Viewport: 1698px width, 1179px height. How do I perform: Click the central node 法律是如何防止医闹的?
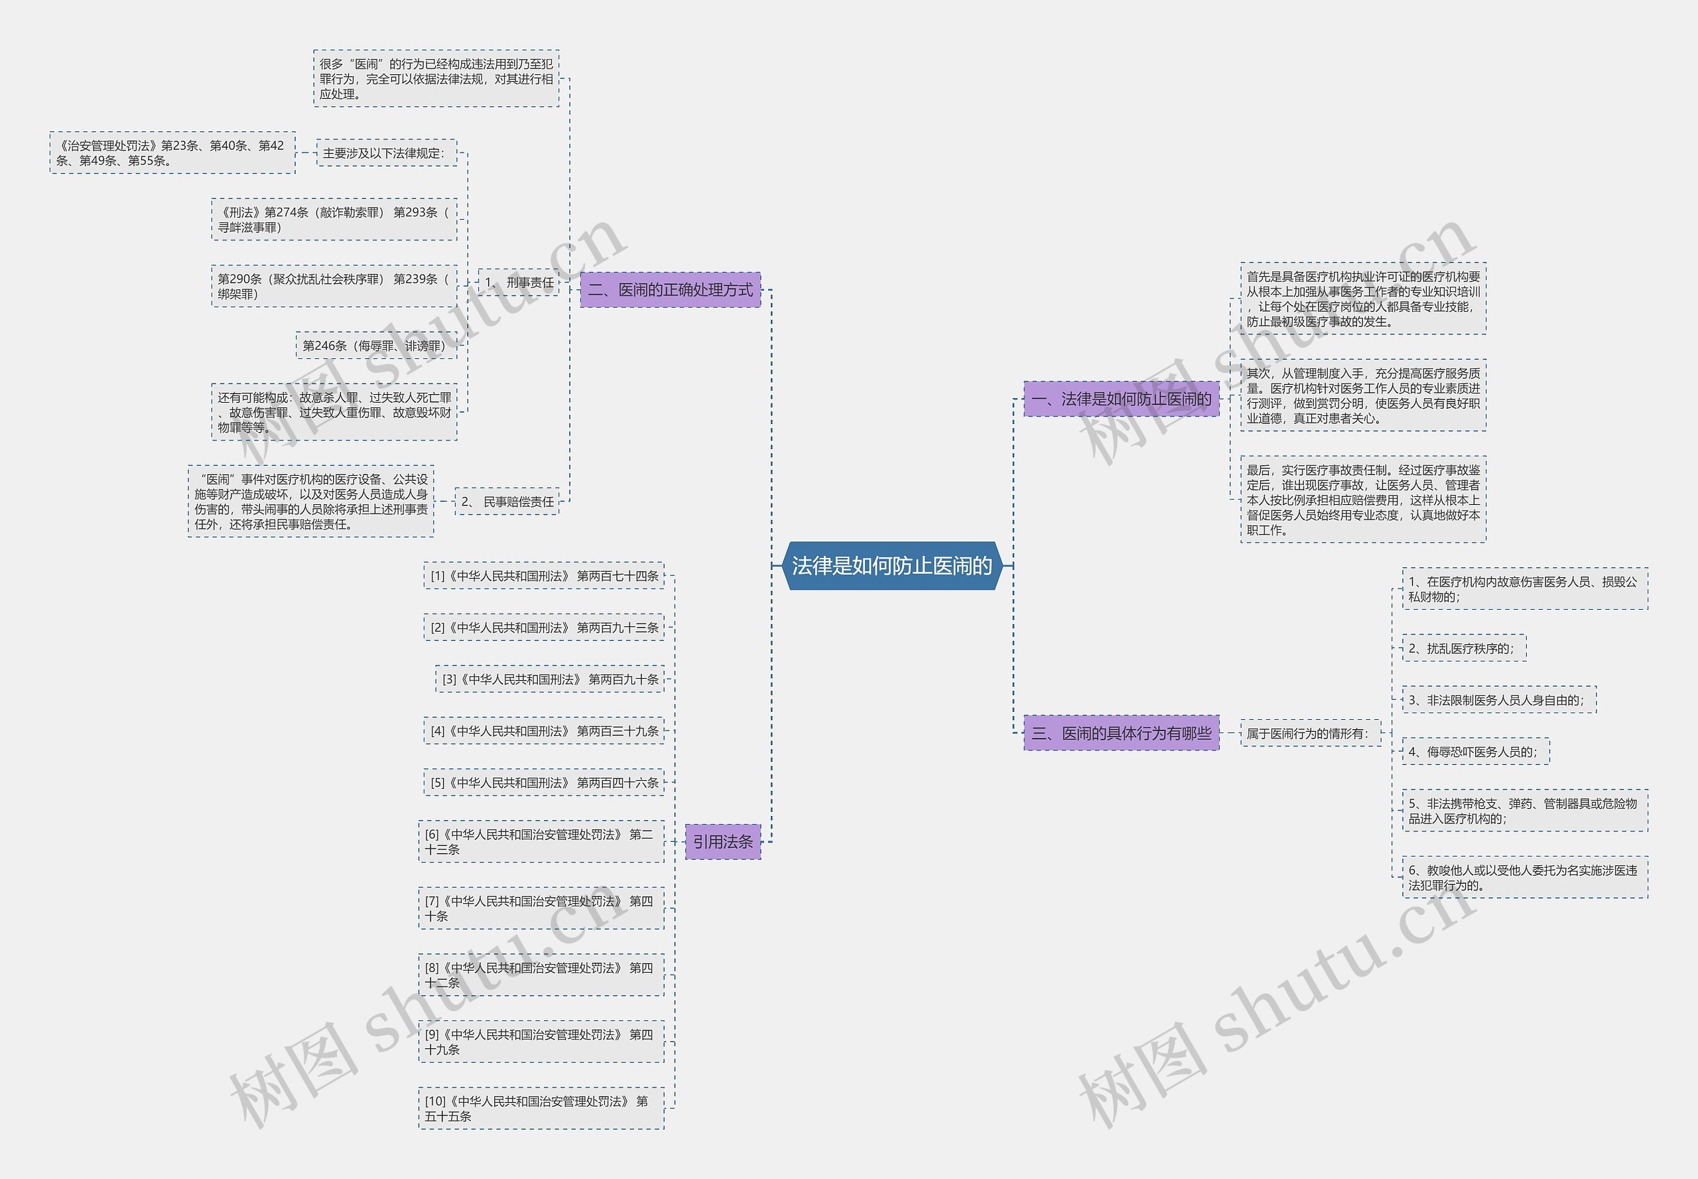(891, 566)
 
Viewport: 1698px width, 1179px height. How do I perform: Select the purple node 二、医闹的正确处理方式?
(670, 289)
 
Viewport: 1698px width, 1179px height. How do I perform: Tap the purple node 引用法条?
(722, 841)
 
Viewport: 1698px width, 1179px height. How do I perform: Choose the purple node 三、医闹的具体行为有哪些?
(1121, 733)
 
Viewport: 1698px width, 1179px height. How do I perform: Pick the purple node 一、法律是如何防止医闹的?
(1121, 399)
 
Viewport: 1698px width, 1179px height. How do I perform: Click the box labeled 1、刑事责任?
(519, 282)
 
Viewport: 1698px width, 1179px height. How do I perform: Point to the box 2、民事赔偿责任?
(507, 502)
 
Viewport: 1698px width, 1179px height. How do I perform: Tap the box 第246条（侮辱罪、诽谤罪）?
(377, 345)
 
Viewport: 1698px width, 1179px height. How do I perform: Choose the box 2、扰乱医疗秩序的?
(1463, 648)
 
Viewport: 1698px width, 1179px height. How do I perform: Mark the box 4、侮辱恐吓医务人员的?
(1475, 751)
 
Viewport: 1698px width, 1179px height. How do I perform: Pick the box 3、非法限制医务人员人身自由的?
(1498, 699)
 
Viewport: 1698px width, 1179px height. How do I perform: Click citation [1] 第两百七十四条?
(544, 575)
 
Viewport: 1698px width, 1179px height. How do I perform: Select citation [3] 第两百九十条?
(549, 679)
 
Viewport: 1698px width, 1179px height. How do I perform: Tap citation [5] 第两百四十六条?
(544, 782)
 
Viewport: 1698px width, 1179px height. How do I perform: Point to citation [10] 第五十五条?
(541, 1108)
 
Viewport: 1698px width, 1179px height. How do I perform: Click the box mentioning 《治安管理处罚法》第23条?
(172, 153)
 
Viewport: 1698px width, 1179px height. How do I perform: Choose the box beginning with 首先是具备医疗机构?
(1362, 299)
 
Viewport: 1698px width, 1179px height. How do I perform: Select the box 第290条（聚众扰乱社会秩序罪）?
(334, 286)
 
